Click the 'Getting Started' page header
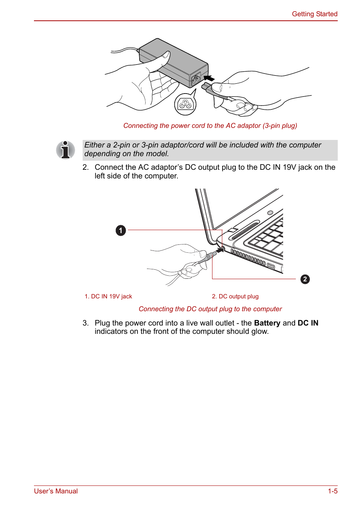[x=314, y=14]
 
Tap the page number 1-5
[x=332, y=491]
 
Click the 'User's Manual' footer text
[x=56, y=491]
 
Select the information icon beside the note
[x=65, y=150]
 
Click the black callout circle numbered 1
[x=121, y=230]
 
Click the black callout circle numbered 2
[x=305, y=279]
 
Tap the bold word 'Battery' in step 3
[x=267, y=323]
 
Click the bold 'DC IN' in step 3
[x=308, y=323]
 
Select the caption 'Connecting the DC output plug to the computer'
[x=210, y=309]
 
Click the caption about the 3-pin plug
[x=210, y=126]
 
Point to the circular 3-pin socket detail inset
[x=185, y=104]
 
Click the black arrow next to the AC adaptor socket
[x=209, y=78]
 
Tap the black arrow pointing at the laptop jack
[x=219, y=250]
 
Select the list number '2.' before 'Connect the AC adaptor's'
[x=86, y=167]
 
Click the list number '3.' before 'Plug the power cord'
[x=86, y=323]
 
